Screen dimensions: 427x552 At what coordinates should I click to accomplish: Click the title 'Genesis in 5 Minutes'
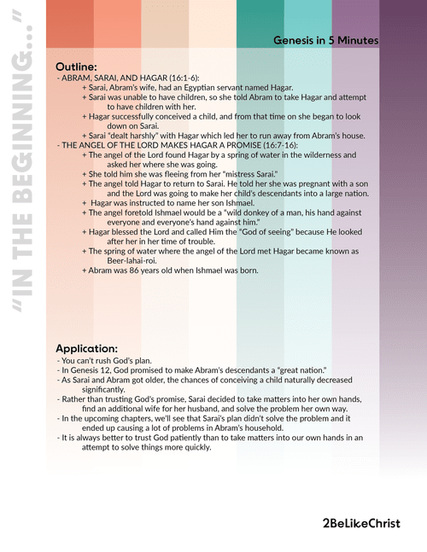[326, 40]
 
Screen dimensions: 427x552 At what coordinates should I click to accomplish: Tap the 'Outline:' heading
[76, 66]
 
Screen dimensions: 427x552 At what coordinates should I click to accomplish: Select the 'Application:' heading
[86, 349]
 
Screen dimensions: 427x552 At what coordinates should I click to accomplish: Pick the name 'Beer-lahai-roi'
[132, 260]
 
